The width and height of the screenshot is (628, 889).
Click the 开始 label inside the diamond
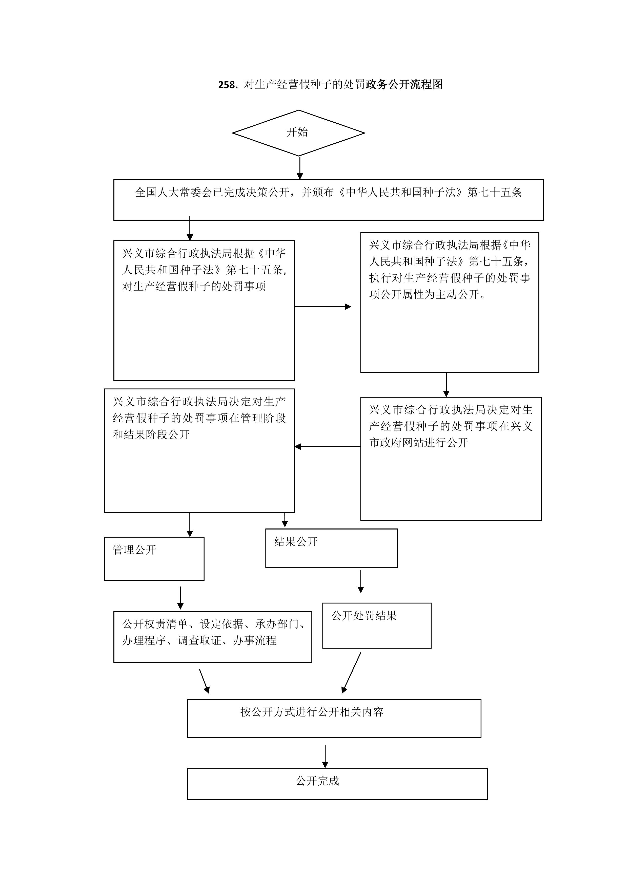[x=297, y=132]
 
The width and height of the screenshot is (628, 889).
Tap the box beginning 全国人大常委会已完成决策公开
[x=329, y=200]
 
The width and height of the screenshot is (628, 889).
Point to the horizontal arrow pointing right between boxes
[x=323, y=307]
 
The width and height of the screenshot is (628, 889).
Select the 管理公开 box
[x=154, y=559]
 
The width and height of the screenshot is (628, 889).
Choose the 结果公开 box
[x=331, y=548]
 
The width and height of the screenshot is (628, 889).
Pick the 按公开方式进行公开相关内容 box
[x=334, y=718]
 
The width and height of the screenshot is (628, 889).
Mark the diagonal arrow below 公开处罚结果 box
[x=351, y=673]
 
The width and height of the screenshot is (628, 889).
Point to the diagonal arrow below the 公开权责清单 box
[x=204, y=681]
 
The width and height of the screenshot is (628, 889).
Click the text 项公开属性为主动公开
[x=428, y=295]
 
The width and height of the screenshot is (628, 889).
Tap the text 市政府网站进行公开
[x=419, y=443]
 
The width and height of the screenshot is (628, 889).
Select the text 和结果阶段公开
[x=151, y=434]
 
